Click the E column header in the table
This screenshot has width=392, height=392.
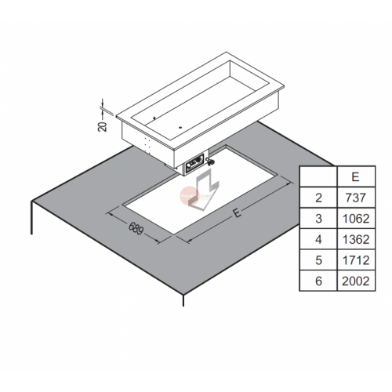pos(356,177)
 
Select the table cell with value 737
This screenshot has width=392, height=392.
pos(356,198)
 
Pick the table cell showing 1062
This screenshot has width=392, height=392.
pos(356,219)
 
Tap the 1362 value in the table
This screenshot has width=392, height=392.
pos(356,239)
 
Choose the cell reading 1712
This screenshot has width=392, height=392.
pos(356,260)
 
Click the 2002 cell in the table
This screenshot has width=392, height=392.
pos(356,281)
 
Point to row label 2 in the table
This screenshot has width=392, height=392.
pos(318,198)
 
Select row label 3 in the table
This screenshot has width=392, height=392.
pos(318,219)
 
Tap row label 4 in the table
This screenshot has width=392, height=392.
pos(318,239)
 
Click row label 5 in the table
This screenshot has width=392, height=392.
pos(318,260)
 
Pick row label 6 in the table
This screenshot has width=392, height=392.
pos(318,281)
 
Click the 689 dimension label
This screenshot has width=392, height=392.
pos(136,228)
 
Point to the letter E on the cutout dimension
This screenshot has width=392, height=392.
pos(237,213)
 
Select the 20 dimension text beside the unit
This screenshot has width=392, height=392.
pos(103,126)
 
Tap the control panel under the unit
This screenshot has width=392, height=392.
pos(194,163)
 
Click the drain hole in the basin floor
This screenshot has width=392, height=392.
pos(180,128)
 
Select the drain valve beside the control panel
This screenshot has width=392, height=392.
pos(210,162)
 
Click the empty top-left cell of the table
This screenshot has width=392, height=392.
pos(318,176)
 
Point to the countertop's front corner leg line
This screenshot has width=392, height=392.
pos(183,300)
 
